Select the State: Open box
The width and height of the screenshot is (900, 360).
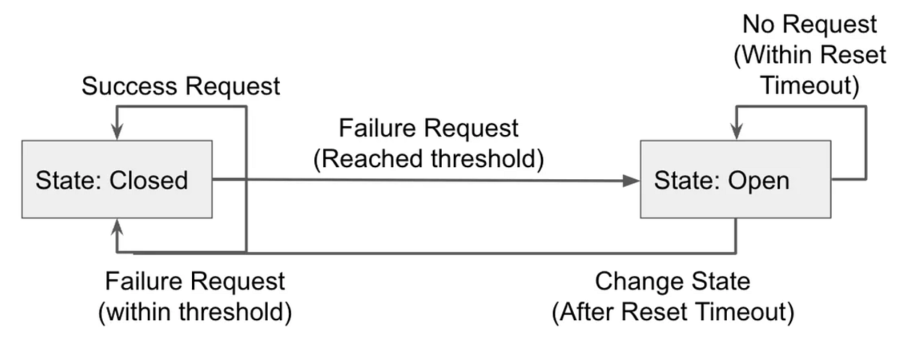pos(735,180)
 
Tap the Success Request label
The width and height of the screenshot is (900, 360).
pos(181,86)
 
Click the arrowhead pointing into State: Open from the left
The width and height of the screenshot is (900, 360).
pos(631,181)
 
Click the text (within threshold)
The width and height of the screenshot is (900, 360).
pos(195,310)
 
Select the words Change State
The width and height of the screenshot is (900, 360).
pos(672,282)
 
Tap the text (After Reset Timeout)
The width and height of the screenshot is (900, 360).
pos(672,310)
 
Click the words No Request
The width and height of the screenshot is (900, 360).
pos(809,25)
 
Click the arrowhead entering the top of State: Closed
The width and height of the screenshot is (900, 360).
pos(118,133)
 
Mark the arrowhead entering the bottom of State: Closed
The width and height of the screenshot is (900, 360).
pos(118,227)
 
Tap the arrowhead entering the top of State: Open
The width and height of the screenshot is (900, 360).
pos(736,133)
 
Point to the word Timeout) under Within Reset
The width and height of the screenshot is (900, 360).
pos(809,85)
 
